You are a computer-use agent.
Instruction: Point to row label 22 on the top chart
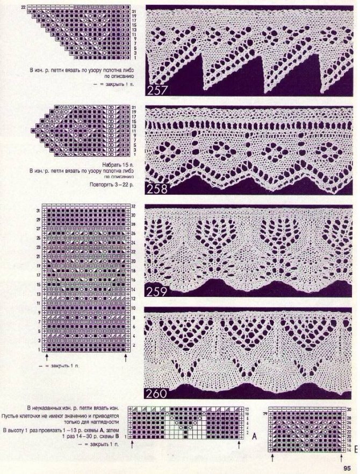click(23, 6)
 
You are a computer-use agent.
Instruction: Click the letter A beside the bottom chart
click(255, 436)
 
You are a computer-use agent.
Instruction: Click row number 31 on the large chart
click(38, 210)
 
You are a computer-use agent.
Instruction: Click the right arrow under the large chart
click(127, 356)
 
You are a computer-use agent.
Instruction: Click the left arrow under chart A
click(133, 445)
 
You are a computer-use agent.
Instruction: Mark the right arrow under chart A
click(239, 445)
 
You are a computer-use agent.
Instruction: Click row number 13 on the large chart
click(38, 295)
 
